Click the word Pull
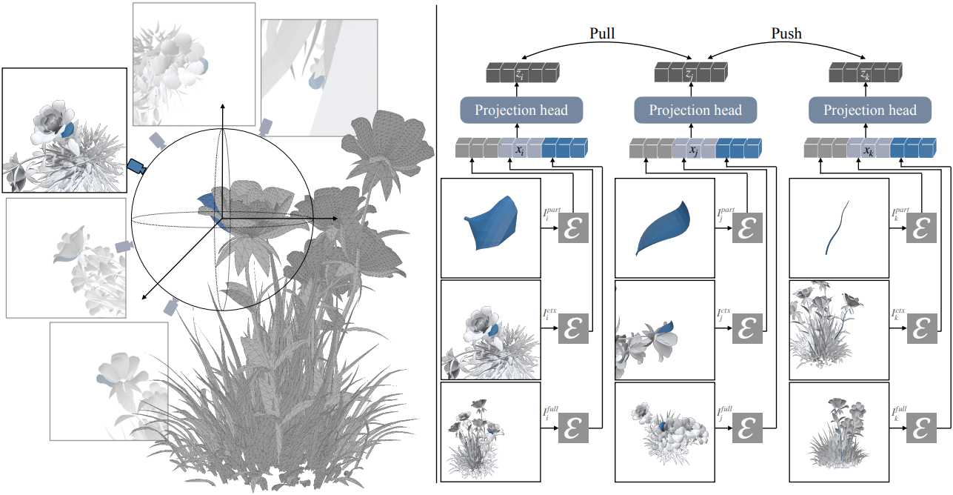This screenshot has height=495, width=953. (602, 33)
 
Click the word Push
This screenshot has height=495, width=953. (786, 33)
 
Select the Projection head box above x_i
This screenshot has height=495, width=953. (521, 110)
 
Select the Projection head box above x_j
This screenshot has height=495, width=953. (695, 110)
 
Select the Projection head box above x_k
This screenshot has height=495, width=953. (870, 110)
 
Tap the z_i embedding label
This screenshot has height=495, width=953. (521, 73)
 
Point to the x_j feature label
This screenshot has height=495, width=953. (693, 150)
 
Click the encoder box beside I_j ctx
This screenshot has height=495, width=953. (747, 328)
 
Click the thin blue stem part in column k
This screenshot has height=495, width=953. (837, 229)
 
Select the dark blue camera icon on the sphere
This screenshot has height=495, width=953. (136, 166)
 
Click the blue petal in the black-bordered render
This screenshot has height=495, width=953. (67, 130)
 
